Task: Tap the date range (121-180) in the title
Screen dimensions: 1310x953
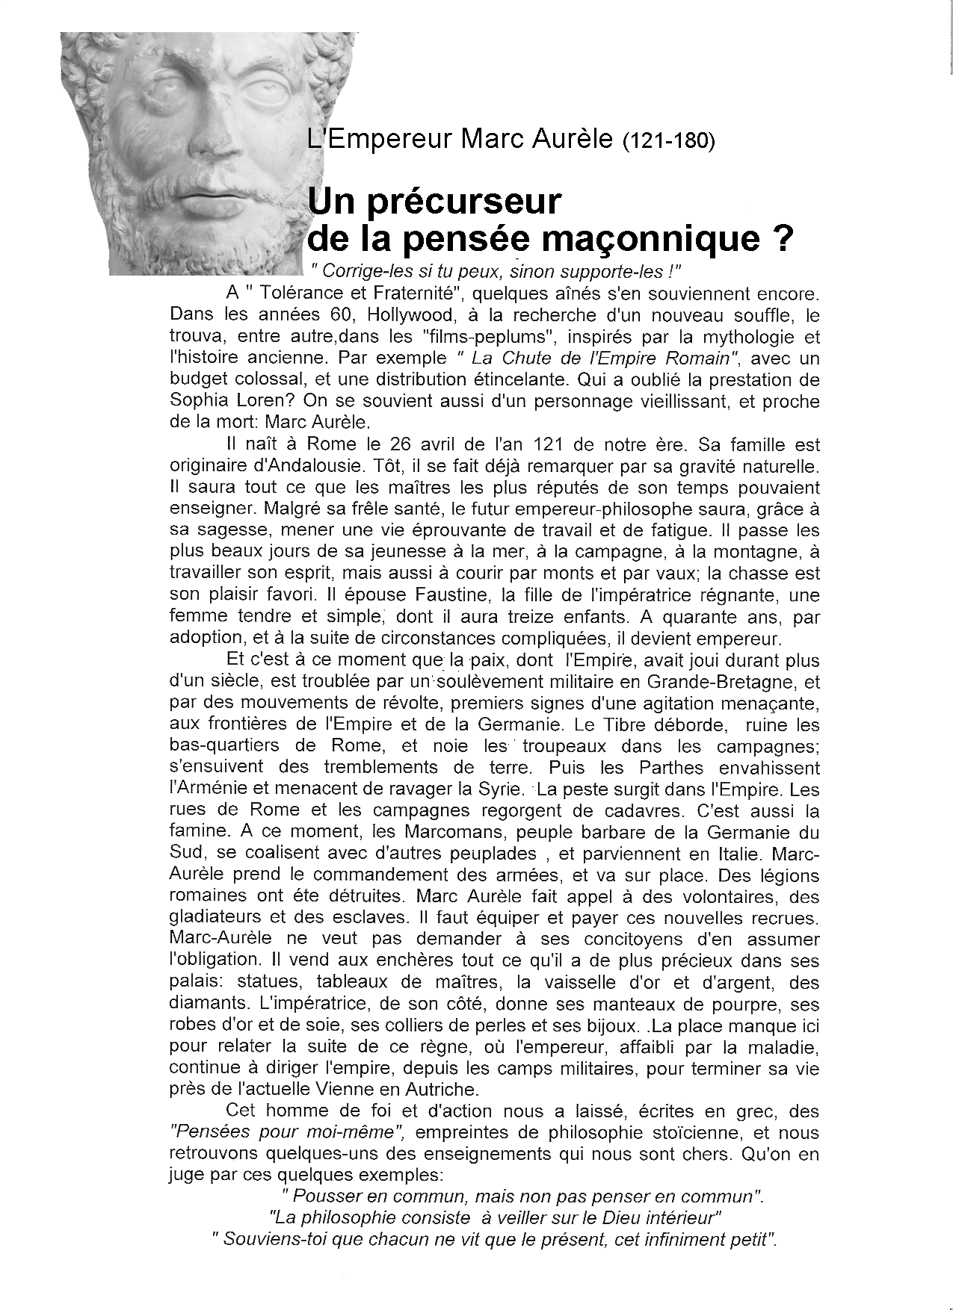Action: (x=668, y=141)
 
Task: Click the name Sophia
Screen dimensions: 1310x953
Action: (x=200, y=402)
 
